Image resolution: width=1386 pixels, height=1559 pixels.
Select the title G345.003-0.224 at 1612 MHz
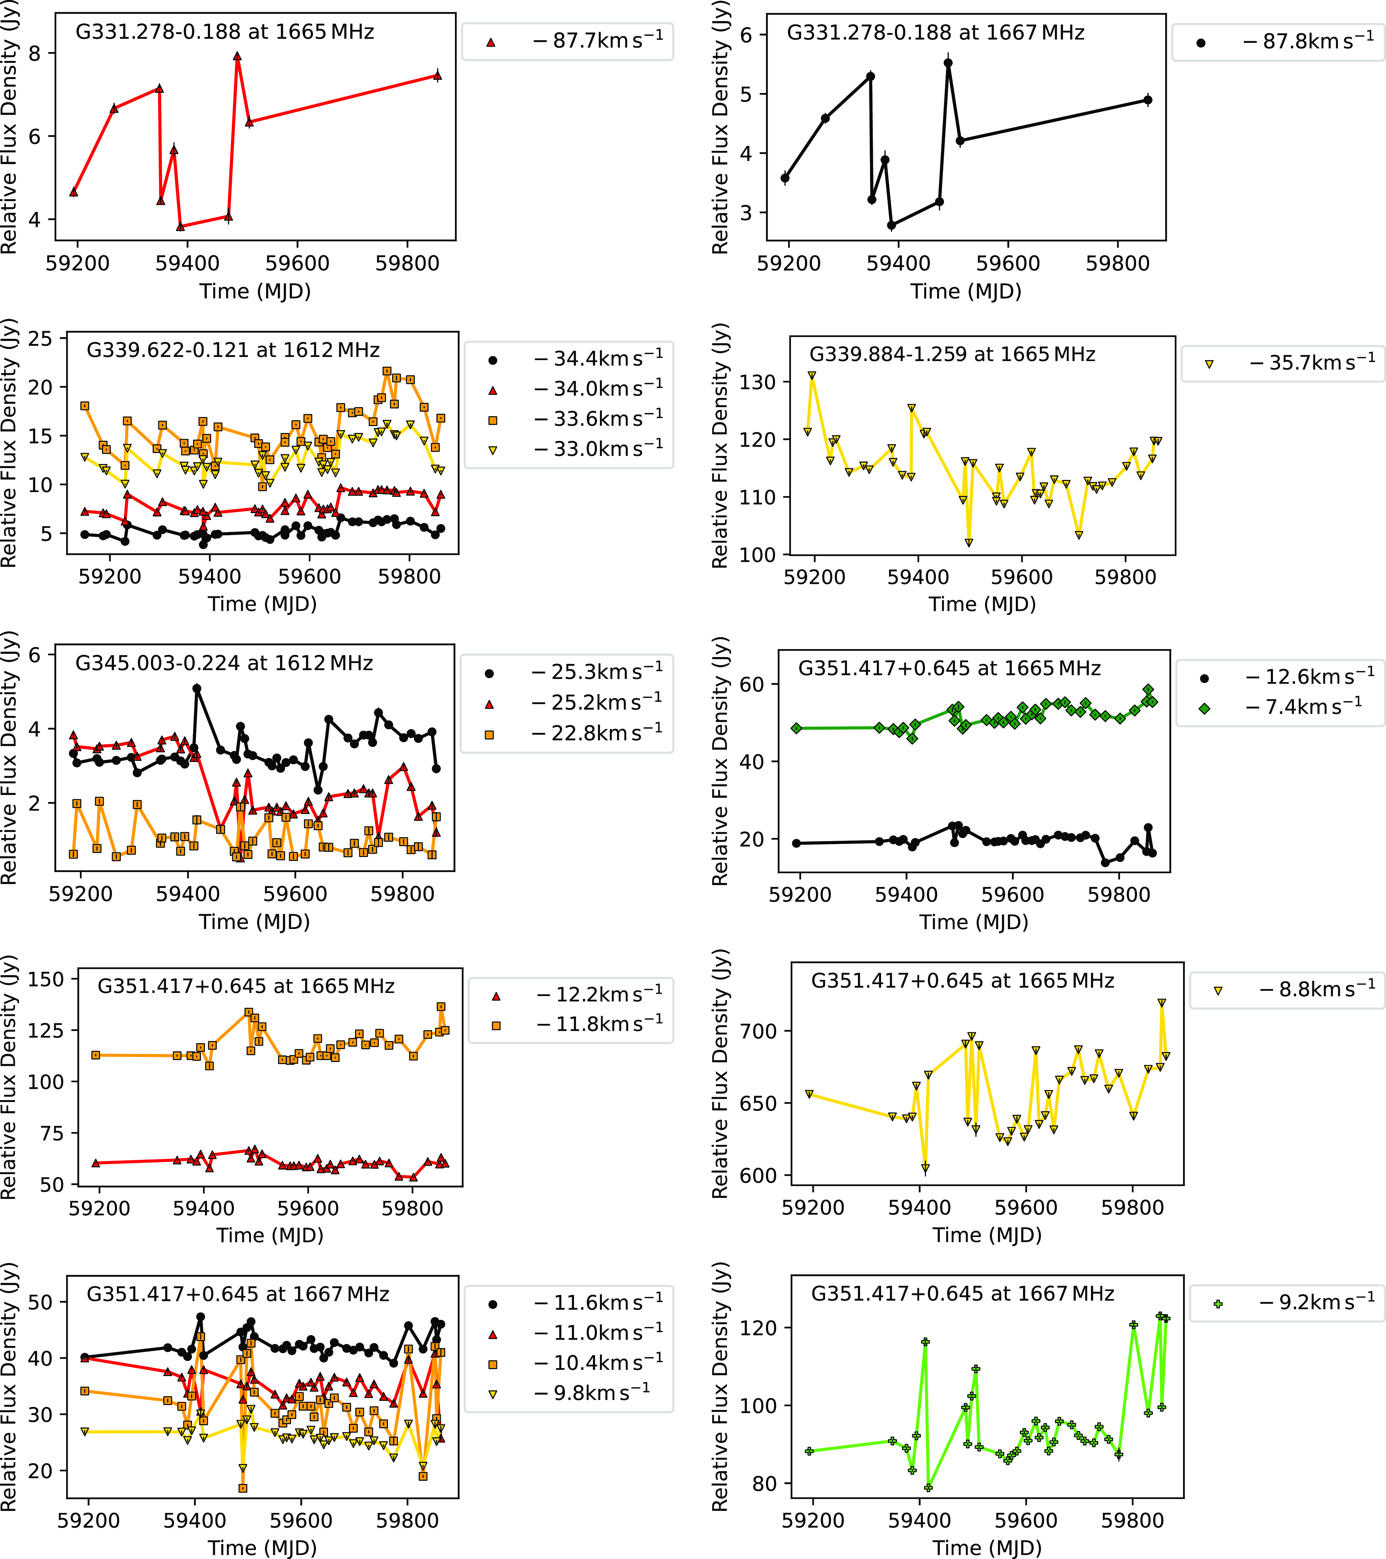[x=224, y=663]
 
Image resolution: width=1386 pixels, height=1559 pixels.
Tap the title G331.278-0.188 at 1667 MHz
[x=935, y=33]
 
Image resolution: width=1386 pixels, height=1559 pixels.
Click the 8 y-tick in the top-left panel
[x=34, y=53]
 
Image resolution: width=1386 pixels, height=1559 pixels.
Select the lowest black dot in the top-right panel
[x=891, y=225]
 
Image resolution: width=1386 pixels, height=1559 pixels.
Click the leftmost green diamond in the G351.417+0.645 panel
[x=797, y=728]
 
